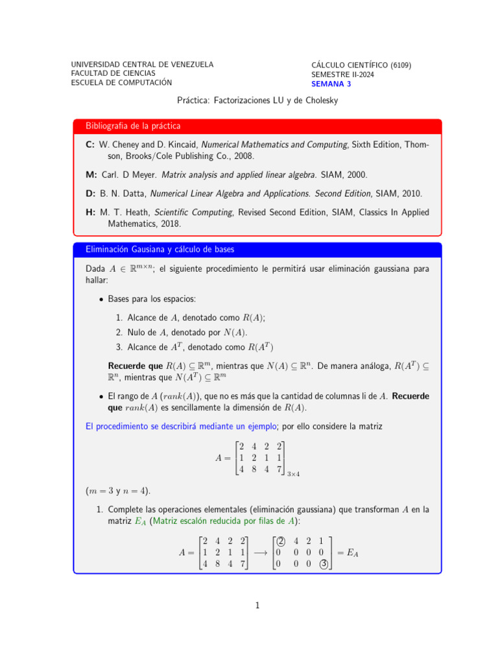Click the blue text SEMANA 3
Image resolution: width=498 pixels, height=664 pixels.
coord(331,84)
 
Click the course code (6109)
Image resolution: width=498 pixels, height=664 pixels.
coord(401,65)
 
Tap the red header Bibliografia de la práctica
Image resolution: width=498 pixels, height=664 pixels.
coord(133,125)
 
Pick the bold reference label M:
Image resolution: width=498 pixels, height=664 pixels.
coord(91,175)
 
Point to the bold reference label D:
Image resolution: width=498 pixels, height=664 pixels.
coord(90,193)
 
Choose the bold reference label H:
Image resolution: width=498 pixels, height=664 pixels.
coord(90,212)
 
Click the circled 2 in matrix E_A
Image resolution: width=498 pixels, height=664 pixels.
coord(280,541)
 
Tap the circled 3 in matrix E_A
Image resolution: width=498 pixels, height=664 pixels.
coord(323,564)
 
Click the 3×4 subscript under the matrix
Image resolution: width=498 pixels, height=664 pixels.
coord(292,474)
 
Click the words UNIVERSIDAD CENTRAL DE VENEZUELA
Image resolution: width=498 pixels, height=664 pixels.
coord(142,64)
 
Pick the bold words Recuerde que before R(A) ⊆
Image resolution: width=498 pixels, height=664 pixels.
coord(135,366)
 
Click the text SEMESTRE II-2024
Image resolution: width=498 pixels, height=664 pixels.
coord(342,75)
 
